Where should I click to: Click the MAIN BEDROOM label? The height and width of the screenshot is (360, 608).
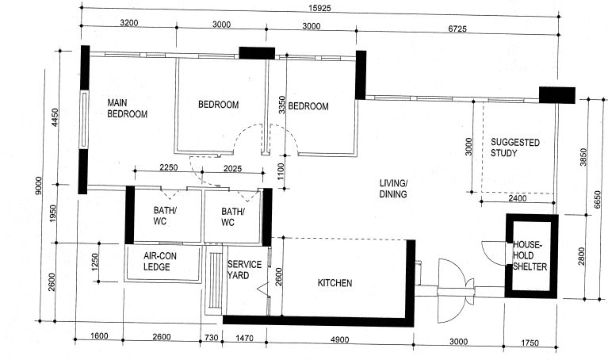127,109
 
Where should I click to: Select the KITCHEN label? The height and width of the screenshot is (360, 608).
335,283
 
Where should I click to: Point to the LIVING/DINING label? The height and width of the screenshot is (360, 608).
393,189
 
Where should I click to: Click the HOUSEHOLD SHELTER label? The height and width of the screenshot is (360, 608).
530,255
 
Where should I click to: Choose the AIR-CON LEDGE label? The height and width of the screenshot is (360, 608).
160,262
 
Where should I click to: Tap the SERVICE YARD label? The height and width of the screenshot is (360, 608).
244,270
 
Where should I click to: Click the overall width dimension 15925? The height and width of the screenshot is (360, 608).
320,8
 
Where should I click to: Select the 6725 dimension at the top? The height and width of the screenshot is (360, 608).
457,29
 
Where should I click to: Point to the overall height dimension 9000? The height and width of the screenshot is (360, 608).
38,187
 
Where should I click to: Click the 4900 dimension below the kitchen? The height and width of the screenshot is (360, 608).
339,340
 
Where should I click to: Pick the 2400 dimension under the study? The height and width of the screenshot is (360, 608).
518,198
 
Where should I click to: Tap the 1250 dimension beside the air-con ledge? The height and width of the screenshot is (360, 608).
95,263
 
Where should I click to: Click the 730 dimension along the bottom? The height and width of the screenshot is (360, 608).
212,338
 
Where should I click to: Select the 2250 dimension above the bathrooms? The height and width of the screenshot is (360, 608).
169,167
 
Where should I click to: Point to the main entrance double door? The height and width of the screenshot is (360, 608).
456,291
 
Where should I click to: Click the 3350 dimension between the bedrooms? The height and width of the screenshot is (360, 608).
282,105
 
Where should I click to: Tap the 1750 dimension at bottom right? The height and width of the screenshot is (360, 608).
530,343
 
